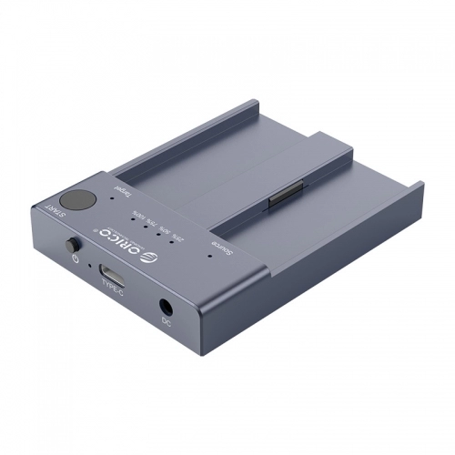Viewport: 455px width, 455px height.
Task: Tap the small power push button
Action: (72, 246)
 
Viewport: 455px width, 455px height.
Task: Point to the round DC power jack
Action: (167, 307)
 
